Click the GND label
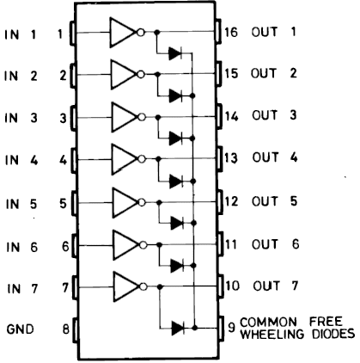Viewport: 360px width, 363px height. click(20, 329)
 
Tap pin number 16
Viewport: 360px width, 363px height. click(231, 32)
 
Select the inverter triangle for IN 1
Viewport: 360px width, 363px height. click(123, 33)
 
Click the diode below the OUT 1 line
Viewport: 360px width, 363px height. click(175, 53)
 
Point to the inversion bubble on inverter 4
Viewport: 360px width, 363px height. click(142, 159)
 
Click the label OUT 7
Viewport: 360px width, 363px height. click(276, 286)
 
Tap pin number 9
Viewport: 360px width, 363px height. click(231, 328)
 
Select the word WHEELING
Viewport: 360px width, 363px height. click(272, 334)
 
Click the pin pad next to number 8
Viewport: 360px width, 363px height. click(76, 330)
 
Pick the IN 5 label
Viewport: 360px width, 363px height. click(21, 204)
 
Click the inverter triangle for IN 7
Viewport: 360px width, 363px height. click(126, 286)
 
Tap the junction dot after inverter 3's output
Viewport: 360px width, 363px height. click(158, 117)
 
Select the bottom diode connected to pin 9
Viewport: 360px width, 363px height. click(178, 328)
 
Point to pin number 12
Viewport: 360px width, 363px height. click(231, 201)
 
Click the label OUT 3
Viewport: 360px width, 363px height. click(274, 115)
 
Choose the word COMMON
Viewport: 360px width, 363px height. click(268, 323)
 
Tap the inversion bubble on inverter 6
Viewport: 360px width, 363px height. click(143, 245)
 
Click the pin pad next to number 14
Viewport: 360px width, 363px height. click(219, 117)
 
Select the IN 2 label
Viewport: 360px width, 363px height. click(21, 76)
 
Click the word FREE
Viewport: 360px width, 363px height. click(326, 322)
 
